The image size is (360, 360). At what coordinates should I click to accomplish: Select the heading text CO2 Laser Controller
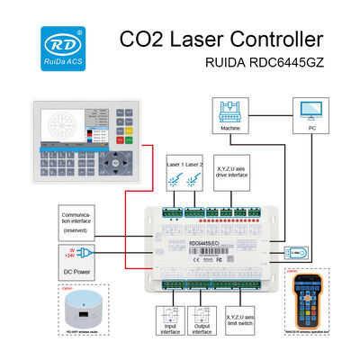coord(220,40)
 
